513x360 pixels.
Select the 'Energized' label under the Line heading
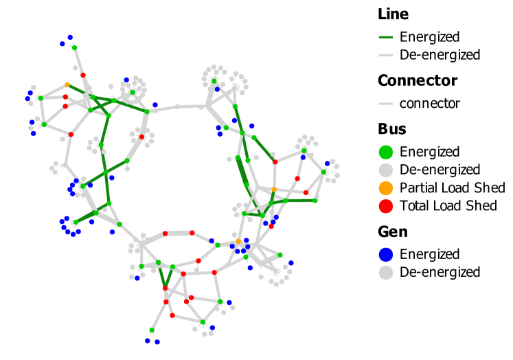429,37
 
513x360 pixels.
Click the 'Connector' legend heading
416,80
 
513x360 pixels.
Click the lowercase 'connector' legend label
429,104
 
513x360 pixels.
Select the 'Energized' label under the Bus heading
429,152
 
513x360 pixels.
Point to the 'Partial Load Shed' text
452,188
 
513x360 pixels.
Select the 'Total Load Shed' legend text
448,205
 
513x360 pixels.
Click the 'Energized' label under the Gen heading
429,254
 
